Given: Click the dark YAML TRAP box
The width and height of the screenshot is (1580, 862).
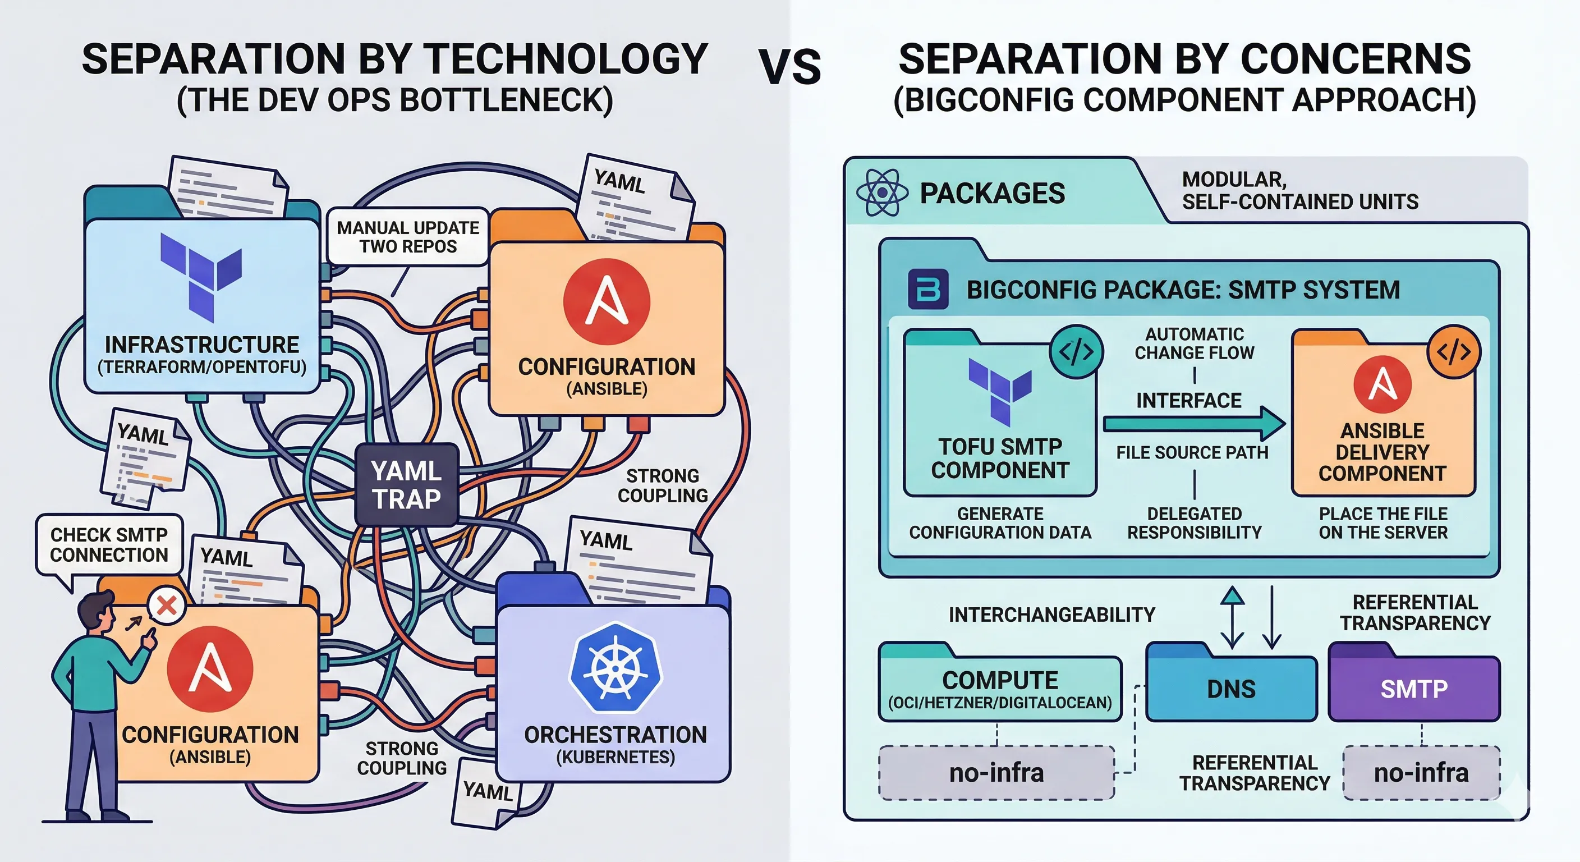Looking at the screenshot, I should pos(407,485).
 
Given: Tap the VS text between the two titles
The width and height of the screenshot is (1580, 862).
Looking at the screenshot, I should pos(789,67).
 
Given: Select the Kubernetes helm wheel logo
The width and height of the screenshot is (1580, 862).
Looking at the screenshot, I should pos(615,667).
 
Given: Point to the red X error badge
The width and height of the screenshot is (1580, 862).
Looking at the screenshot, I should pos(166,606).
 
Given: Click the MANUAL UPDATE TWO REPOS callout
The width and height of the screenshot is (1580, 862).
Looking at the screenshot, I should pos(408,237).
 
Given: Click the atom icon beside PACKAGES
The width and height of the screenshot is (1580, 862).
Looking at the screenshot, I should pos(882,192).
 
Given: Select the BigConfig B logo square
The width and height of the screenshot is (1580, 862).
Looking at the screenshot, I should pos(927,289).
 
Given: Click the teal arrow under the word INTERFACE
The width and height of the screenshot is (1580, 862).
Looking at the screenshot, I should pos(1193,423).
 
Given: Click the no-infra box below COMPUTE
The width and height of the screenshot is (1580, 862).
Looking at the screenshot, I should pos(996,772).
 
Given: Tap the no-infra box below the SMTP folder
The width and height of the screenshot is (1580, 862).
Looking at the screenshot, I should pos(1421,772).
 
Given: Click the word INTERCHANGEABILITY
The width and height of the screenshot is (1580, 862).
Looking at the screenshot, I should pos(1051,614).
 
